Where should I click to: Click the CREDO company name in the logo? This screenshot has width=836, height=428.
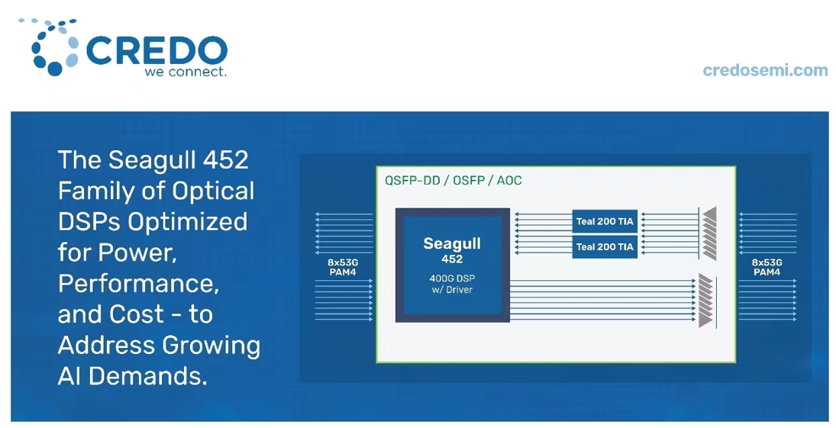point(157,51)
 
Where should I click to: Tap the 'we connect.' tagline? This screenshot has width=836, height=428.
point(186,72)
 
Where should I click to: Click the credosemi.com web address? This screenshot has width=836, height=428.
point(765,70)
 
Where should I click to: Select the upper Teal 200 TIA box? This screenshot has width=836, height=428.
point(605,221)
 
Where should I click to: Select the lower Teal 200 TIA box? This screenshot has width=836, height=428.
point(605,246)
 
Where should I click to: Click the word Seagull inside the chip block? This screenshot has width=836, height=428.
point(452,243)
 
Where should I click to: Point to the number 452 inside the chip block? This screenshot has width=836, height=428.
point(452,259)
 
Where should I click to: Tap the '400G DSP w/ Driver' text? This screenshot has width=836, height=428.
point(452,284)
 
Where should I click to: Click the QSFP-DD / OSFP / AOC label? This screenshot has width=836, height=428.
point(454,181)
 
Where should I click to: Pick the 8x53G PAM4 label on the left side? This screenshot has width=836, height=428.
point(342,267)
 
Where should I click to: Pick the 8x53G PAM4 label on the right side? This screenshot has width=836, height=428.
point(767,267)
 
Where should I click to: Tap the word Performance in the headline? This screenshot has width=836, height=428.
point(138,284)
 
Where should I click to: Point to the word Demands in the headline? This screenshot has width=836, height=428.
point(147,376)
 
